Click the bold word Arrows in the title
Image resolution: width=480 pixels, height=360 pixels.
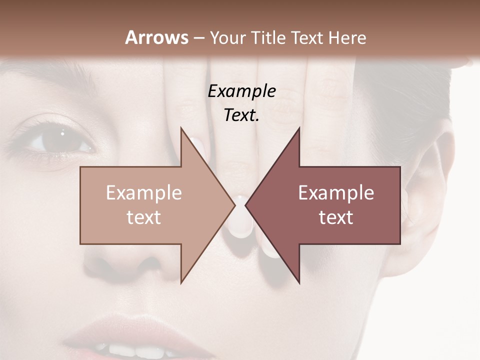157,37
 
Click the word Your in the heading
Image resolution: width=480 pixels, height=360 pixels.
227,37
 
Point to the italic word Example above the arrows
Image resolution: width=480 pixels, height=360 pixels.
242,91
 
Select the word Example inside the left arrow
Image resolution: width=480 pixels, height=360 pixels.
144,193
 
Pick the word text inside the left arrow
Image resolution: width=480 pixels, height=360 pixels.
144,217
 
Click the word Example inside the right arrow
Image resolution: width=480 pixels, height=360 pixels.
336,193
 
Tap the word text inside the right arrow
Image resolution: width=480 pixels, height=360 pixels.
336,217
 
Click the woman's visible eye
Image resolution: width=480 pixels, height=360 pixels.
60,141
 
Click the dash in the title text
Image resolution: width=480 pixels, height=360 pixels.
199,38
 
